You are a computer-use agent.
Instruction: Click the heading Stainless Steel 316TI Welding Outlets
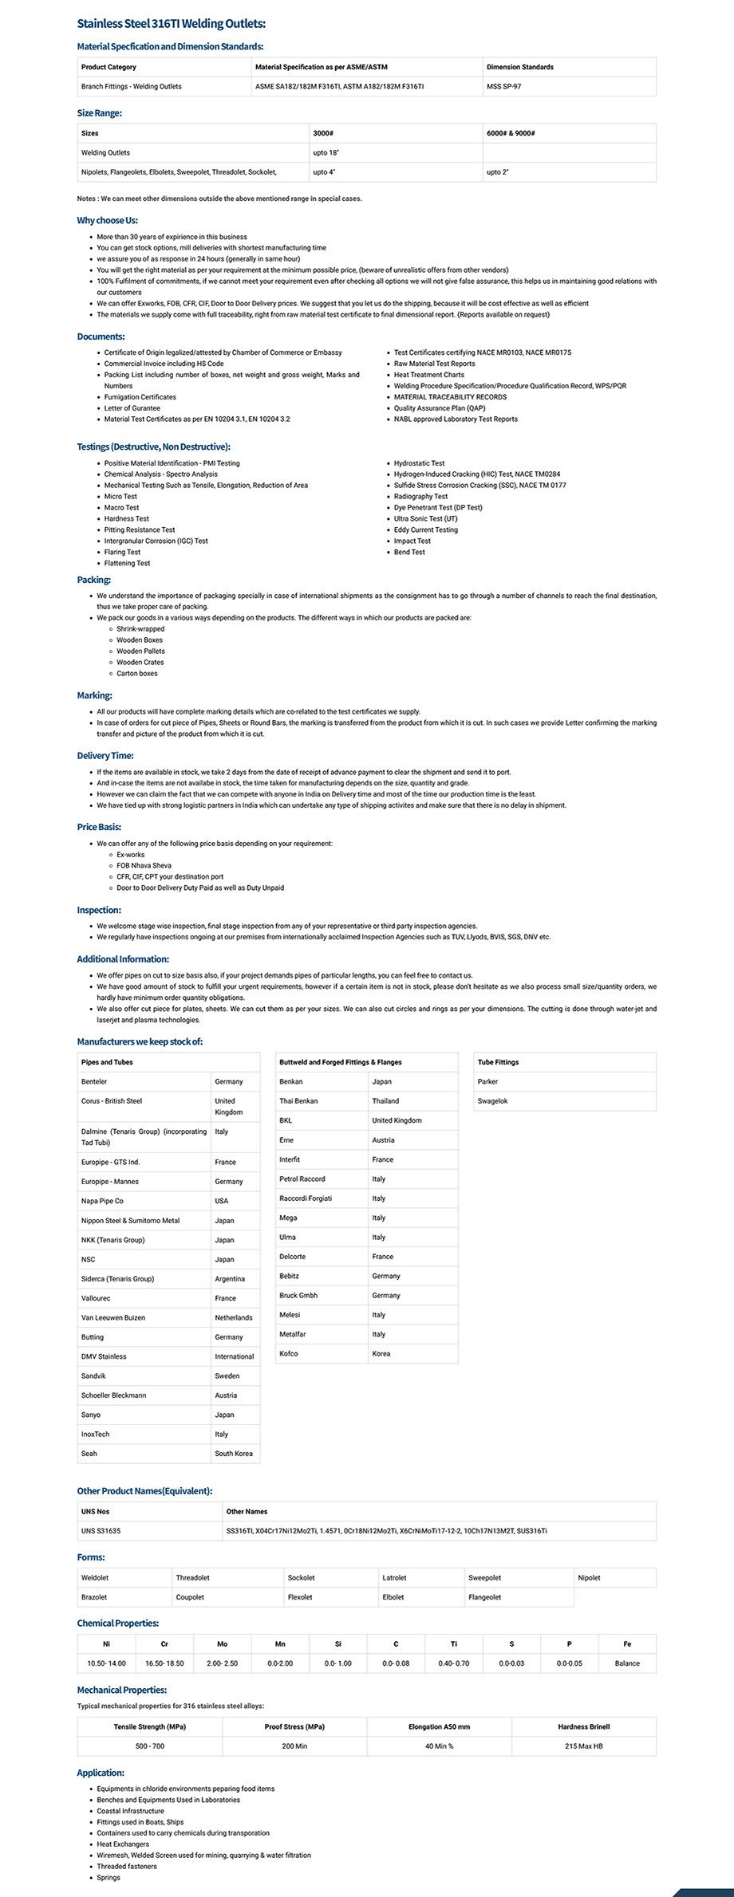[x=172, y=24]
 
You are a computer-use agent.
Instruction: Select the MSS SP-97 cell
[x=503, y=86]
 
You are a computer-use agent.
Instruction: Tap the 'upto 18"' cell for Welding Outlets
[x=326, y=152]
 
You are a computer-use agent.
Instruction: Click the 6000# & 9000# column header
[x=511, y=133]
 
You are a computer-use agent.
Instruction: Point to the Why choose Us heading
[x=108, y=220]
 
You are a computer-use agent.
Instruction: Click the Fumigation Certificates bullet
[x=140, y=397]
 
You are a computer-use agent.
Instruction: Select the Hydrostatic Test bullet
[x=419, y=463]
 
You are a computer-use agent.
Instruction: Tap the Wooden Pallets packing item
[x=140, y=651]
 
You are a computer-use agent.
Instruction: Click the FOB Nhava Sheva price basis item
[x=144, y=865]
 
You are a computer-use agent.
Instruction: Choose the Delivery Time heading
[x=105, y=756]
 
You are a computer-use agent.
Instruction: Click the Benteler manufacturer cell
[x=94, y=1082]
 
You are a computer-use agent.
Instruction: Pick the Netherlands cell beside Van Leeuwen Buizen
[x=233, y=1318]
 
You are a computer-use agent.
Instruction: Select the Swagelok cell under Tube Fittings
[x=492, y=1101]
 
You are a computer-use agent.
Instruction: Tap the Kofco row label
[x=289, y=1354]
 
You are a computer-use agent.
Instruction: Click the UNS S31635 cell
[x=101, y=1531]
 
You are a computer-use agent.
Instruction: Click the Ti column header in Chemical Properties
[x=454, y=1644]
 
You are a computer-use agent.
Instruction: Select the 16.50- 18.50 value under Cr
[x=164, y=1663]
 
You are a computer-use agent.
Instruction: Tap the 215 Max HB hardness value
[x=583, y=1746]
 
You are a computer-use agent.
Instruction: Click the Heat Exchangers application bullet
[x=123, y=1844]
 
